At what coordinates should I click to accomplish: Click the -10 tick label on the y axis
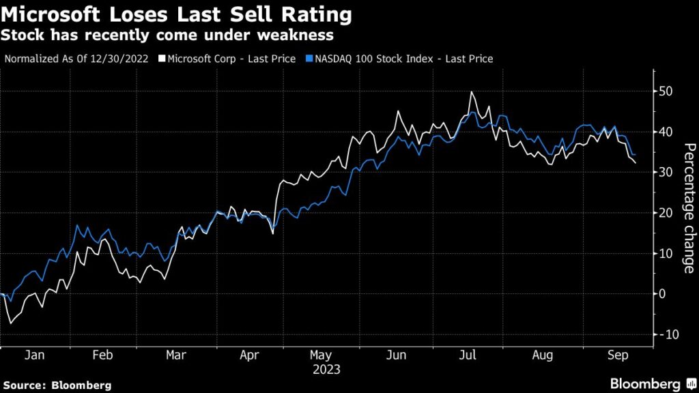pyautogui.click(x=668, y=334)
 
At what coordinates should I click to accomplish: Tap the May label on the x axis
pyautogui.click(x=321, y=355)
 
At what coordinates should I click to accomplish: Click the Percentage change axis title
pyautogui.click(x=689, y=209)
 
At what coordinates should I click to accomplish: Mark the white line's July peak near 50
pyautogui.click(x=471, y=92)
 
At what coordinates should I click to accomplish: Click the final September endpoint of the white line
pyautogui.click(x=636, y=163)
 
